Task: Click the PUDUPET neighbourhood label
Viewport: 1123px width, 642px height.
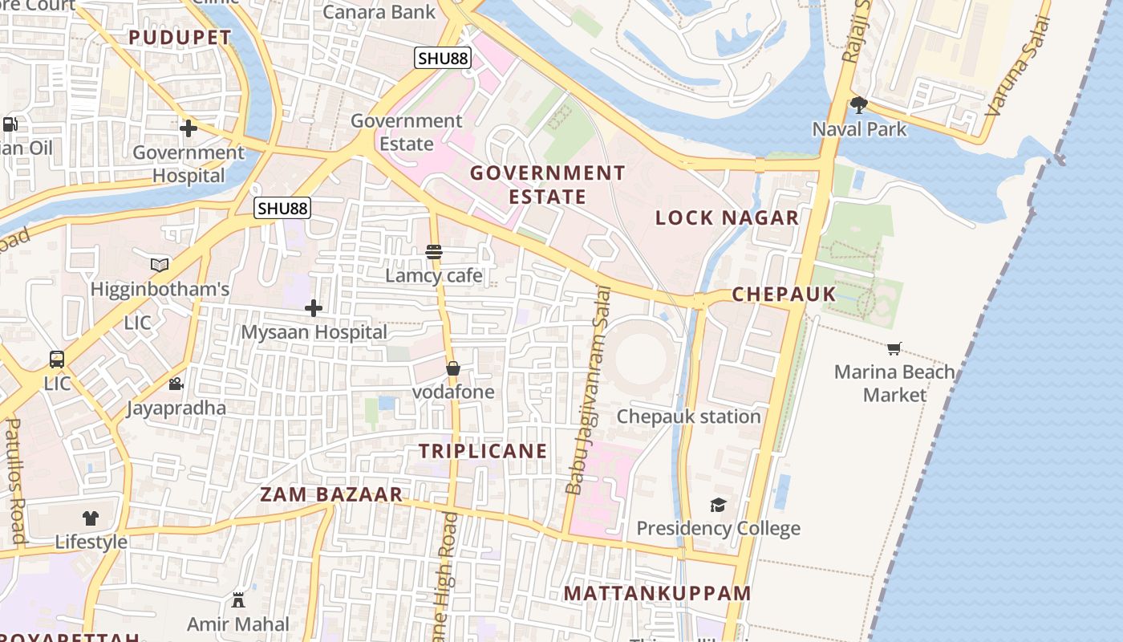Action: [180, 38]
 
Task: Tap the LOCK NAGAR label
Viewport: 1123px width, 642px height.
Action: [727, 217]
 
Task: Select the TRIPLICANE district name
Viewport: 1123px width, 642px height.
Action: [483, 451]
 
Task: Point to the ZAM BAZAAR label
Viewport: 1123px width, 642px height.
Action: [331, 494]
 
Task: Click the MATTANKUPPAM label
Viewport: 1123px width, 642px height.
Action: [657, 594]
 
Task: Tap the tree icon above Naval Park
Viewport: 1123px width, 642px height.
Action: [859, 105]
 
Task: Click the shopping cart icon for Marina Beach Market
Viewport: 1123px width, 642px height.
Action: [894, 348]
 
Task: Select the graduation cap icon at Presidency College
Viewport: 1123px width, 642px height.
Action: [718, 505]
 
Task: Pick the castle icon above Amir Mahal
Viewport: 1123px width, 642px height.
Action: [238, 599]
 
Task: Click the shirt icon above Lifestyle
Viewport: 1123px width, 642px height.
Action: [91, 518]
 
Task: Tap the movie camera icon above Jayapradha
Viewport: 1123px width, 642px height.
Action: [176, 384]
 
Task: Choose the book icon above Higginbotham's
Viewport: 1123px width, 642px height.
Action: [160, 265]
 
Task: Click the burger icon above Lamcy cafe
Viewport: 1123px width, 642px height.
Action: [434, 252]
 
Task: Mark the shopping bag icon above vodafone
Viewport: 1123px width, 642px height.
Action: [453, 368]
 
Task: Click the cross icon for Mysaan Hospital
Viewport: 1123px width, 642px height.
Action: [314, 308]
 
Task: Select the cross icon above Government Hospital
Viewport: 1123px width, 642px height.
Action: [189, 128]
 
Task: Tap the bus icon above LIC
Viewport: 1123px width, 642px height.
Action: [57, 360]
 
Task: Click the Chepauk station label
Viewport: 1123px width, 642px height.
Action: [688, 416]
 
